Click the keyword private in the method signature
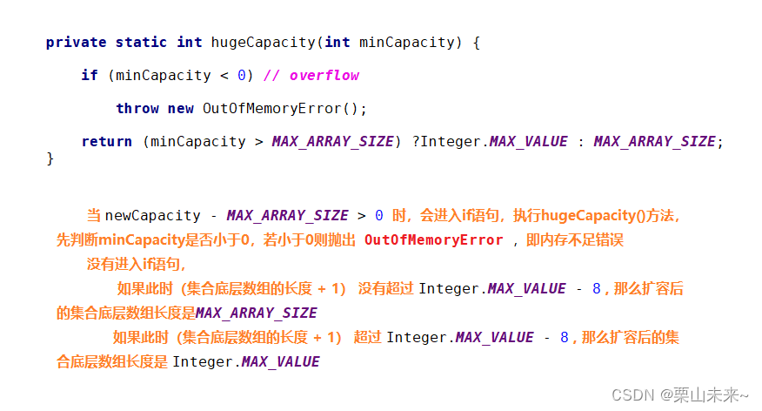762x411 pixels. point(77,42)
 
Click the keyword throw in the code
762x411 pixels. point(137,108)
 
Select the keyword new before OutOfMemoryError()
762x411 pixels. point(181,108)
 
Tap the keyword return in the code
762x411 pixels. point(106,141)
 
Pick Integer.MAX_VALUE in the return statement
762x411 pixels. point(494,141)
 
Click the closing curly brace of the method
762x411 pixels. point(50,158)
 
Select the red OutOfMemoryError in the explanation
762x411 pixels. point(433,239)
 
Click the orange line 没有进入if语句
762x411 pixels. point(136,264)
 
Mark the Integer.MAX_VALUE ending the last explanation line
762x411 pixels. point(246,361)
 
